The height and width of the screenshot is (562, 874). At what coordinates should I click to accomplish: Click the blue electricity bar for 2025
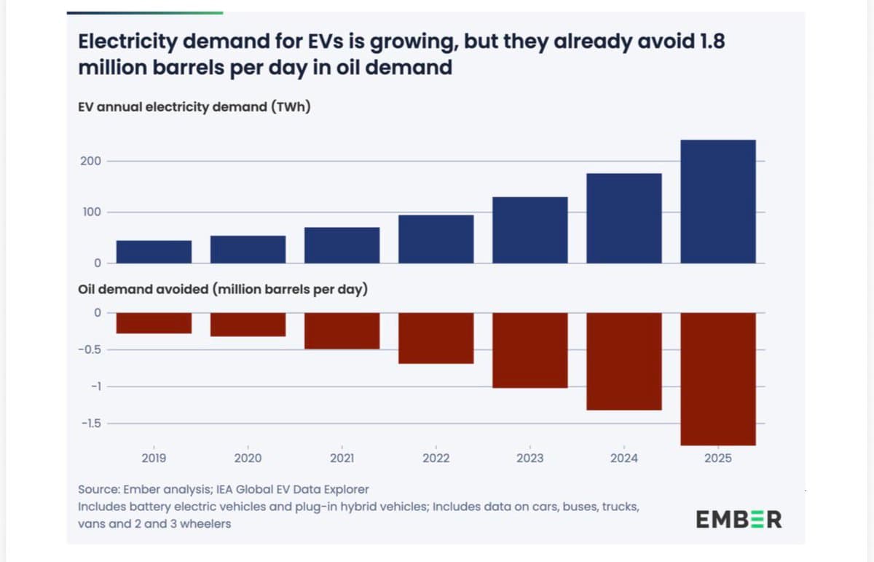tap(717, 202)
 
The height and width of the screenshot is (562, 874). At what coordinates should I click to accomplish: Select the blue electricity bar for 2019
tap(154, 252)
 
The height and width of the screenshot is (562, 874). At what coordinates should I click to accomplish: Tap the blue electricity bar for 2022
tap(436, 239)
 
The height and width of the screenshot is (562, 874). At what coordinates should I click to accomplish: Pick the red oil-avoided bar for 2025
tap(717, 379)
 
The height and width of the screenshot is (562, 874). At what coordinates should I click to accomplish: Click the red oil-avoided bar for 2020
tap(248, 325)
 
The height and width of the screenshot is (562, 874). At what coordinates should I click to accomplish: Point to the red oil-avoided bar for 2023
tap(529, 350)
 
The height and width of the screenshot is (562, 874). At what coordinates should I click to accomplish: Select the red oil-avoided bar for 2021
tap(342, 331)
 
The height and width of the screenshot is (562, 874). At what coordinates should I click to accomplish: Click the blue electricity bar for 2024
tap(623, 218)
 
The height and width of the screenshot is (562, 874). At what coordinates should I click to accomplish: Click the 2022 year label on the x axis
tap(436, 459)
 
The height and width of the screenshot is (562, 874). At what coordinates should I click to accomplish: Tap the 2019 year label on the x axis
tap(154, 459)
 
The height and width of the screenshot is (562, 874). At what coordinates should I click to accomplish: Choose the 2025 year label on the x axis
tap(717, 459)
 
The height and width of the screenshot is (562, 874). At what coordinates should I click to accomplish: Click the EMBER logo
tap(739, 520)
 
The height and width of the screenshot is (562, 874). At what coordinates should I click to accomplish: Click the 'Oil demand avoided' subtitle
tap(222, 289)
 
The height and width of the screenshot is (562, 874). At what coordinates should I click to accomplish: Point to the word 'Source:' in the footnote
tap(99, 490)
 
